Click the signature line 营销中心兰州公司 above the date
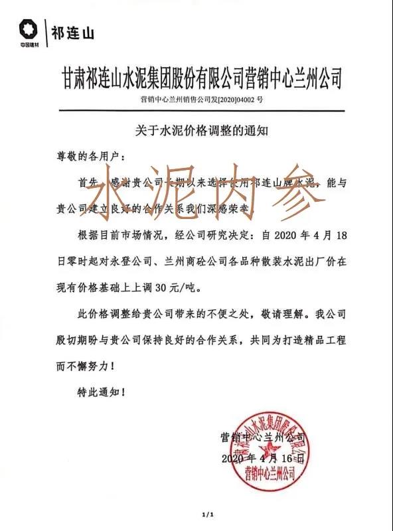coord(262,437)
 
